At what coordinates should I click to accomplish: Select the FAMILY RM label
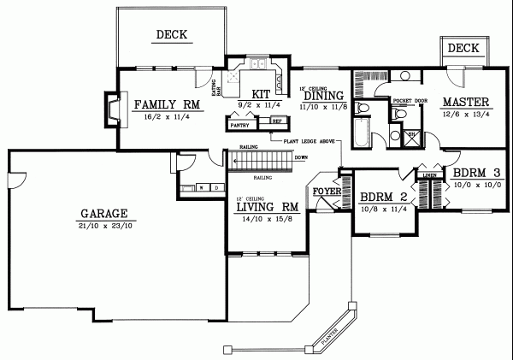click(x=167, y=105)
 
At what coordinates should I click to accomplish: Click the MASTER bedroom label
click(x=463, y=103)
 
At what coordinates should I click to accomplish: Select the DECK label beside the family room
click(x=172, y=35)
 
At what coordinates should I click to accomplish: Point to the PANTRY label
click(x=239, y=125)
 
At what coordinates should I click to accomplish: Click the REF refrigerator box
click(x=275, y=121)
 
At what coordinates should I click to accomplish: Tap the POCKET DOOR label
click(x=410, y=100)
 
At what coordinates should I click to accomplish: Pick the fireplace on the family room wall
click(x=109, y=109)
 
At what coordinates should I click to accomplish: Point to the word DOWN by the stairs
click(x=300, y=157)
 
